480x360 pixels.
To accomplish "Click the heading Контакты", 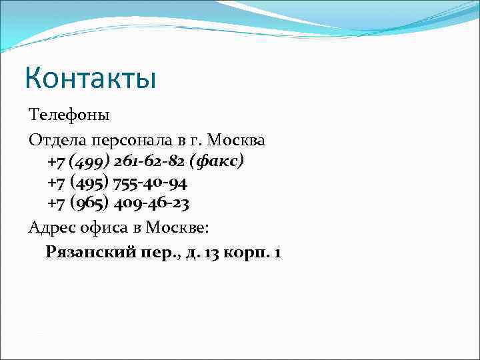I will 90,77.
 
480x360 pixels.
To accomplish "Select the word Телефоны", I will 69,115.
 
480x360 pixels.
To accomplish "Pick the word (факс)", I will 217,161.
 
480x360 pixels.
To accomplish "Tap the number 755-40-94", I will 151,182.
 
